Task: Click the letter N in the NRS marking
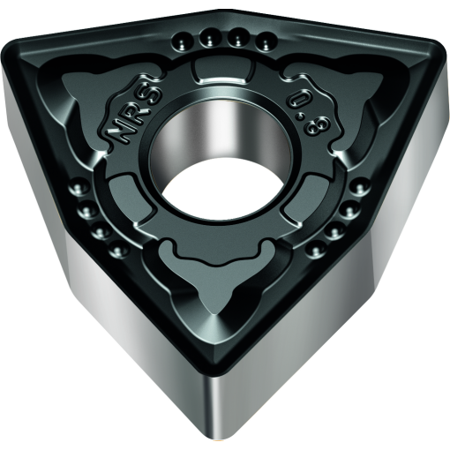click(x=118, y=135)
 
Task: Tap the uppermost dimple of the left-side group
click(x=78, y=188)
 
